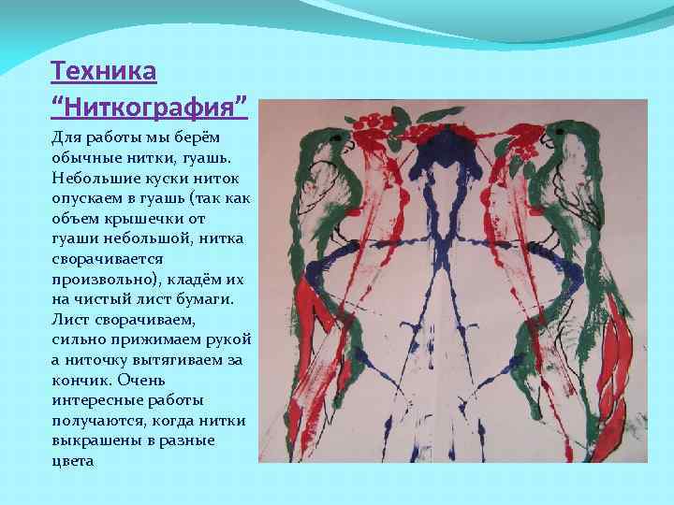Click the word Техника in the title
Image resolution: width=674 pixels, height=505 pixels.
click(x=103, y=70)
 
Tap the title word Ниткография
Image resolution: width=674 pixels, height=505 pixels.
click(x=150, y=104)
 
